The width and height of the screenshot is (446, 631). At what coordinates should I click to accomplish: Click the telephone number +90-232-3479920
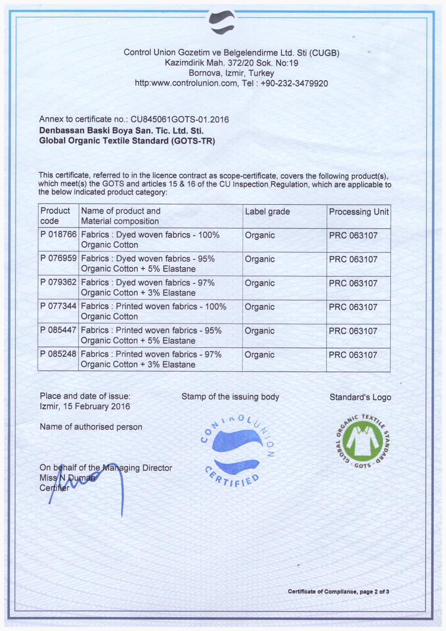(x=294, y=83)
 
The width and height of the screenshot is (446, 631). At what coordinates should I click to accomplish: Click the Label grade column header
(x=267, y=212)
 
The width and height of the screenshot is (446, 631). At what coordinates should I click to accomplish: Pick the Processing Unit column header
(x=359, y=212)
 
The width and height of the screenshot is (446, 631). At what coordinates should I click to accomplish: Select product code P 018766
(x=58, y=235)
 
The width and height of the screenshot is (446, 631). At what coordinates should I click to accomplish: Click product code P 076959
(x=58, y=258)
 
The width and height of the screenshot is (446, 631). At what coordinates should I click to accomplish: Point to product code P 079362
(x=58, y=282)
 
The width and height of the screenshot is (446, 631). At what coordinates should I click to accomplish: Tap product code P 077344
(x=58, y=306)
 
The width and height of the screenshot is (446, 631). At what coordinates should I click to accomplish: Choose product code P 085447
(x=58, y=330)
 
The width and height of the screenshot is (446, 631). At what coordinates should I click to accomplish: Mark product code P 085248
(x=58, y=354)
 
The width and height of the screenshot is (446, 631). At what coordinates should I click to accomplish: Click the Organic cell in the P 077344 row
(x=260, y=307)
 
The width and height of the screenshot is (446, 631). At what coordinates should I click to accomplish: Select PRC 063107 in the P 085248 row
(x=353, y=355)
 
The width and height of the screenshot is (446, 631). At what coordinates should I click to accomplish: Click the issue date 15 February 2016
(x=96, y=407)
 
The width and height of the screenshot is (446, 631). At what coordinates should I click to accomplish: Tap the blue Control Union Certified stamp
(x=236, y=451)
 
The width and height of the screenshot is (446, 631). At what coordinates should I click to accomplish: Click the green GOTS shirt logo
(x=363, y=442)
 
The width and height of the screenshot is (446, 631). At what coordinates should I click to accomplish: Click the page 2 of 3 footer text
(x=338, y=592)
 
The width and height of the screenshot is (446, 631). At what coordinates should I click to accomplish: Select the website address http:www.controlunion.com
(x=186, y=83)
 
